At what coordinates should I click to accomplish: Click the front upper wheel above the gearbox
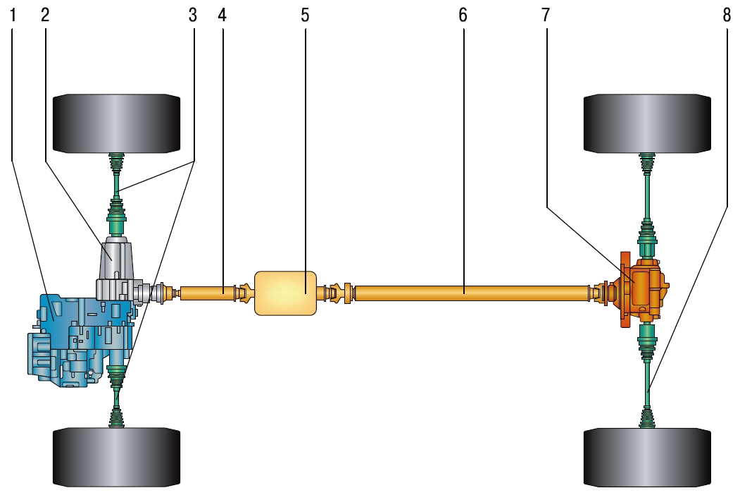tap(117, 123)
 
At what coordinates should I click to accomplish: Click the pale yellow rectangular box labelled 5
tap(284, 292)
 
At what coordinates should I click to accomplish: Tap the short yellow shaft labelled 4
tap(208, 291)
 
